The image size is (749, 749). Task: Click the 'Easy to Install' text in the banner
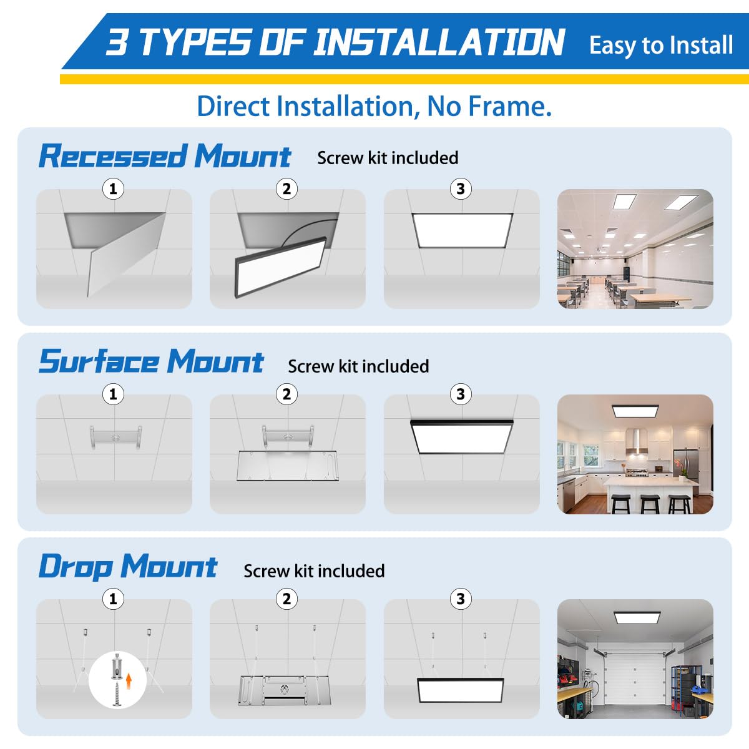pos(660,46)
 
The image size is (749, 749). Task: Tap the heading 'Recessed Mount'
pos(164,156)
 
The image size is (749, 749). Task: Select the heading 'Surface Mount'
pos(151,361)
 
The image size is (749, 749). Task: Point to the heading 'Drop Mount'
pos(127,566)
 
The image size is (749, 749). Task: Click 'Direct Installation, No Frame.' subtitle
pos(374,106)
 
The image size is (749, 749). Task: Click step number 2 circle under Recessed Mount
pos(286,188)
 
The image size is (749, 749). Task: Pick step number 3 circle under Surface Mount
pos(461,394)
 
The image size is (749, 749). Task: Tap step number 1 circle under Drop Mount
pos(113,599)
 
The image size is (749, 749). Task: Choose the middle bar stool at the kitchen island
pos(650,503)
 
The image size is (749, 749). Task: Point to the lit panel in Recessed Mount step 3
pos(462,230)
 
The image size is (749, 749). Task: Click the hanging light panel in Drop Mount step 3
pos(461,690)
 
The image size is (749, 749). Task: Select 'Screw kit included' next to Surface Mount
pos(358,366)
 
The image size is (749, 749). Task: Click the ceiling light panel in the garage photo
pos(635,617)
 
